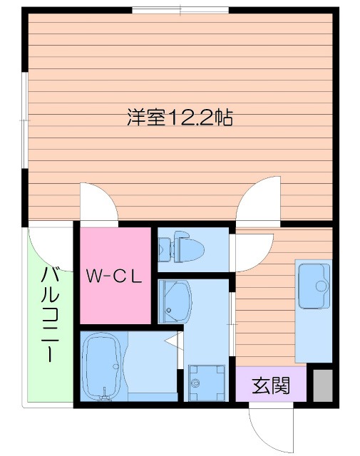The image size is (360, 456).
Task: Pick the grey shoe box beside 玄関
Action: click(x=322, y=385)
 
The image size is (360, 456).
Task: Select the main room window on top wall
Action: click(x=180, y=9)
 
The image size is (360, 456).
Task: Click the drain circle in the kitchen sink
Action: click(x=320, y=286)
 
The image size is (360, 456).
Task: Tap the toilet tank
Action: click(x=163, y=249)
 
